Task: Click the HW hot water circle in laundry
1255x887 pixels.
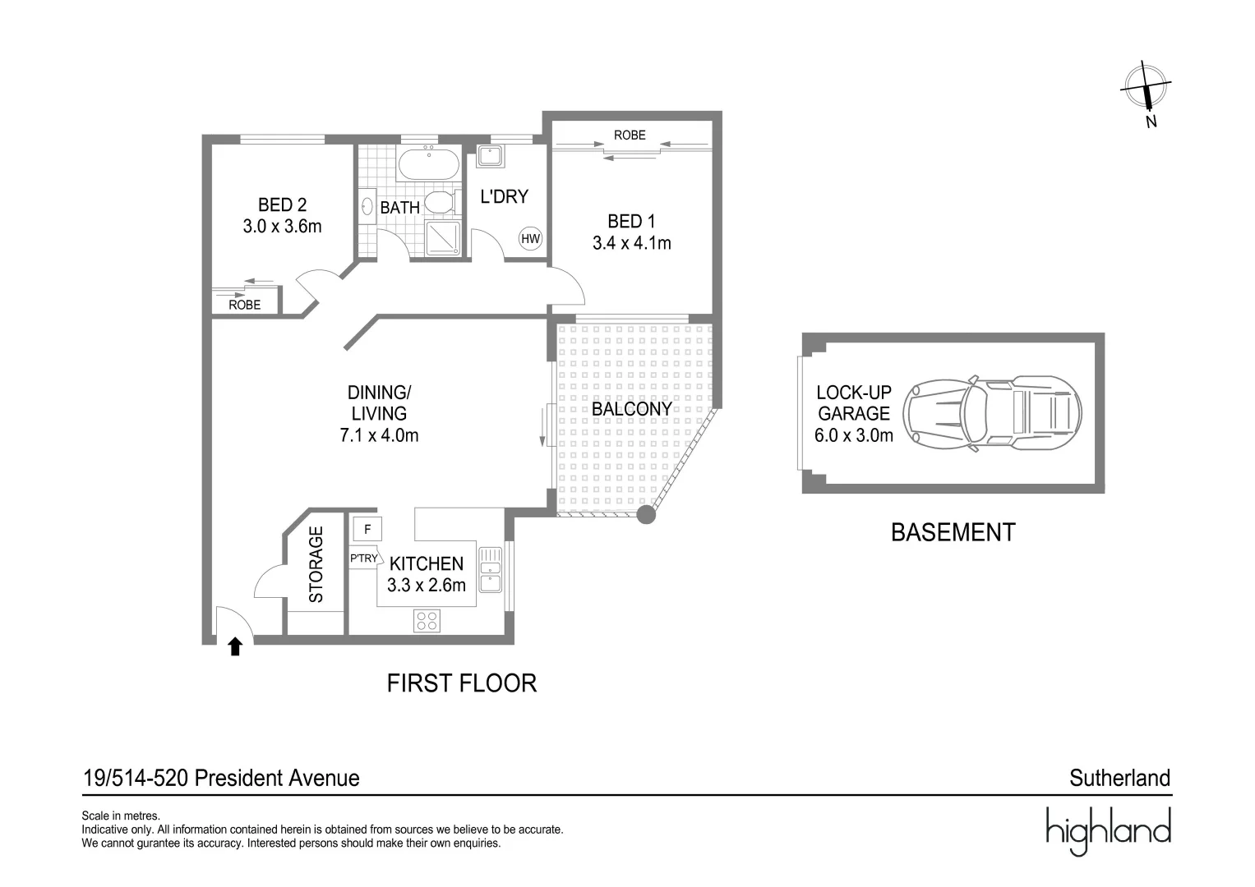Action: (x=531, y=239)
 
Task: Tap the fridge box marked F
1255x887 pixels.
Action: (x=367, y=530)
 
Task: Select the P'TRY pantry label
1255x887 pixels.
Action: (x=363, y=558)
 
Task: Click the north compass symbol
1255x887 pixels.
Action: (x=1147, y=87)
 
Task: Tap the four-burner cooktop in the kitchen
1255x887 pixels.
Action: (x=427, y=620)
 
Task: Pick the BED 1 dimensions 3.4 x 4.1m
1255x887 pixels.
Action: (x=631, y=243)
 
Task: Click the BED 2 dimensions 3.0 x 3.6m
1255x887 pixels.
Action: (x=282, y=226)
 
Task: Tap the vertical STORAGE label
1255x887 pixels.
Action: (x=316, y=565)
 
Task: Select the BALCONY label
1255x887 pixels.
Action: (x=632, y=408)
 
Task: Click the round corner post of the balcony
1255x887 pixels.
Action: (x=647, y=515)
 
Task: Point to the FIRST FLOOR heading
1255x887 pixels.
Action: (x=461, y=683)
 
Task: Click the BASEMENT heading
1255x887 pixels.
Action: (x=953, y=532)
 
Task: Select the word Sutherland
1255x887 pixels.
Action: (x=1119, y=778)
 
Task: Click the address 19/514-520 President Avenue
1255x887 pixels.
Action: (x=221, y=778)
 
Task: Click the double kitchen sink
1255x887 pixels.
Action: (x=491, y=569)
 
